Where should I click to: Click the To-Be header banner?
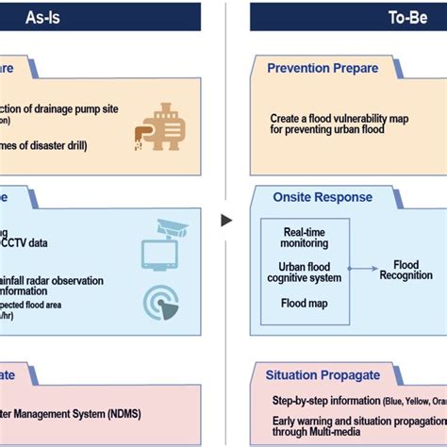(x=349, y=17)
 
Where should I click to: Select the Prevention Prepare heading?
(x=323, y=68)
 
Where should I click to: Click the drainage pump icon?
(x=160, y=125)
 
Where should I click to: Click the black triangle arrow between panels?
(x=225, y=220)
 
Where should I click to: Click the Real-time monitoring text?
(x=305, y=237)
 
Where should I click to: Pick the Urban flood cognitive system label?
(x=305, y=272)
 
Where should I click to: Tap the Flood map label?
(x=304, y=303)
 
